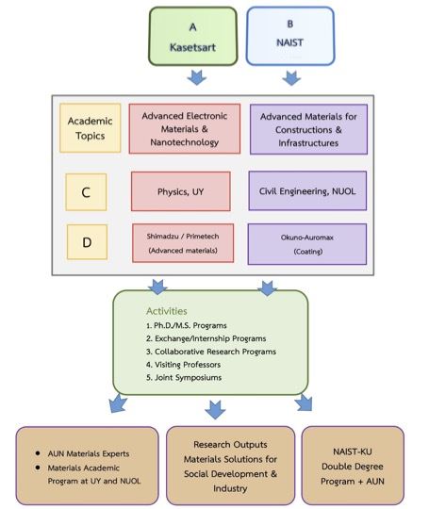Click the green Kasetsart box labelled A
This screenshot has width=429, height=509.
193,37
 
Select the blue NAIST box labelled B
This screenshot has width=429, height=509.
290,36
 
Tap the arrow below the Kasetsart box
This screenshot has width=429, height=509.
197,77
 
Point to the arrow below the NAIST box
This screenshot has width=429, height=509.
291,78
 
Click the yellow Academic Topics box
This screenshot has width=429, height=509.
90,128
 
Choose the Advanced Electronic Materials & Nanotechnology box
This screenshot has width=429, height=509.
185,128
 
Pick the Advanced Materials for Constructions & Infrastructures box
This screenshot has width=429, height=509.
308,129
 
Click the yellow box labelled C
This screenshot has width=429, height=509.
86,192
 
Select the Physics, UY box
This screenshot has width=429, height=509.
181,191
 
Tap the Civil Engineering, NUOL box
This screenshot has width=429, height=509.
307,190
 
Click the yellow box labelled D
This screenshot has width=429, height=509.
87,242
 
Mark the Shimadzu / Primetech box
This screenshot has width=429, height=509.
183,243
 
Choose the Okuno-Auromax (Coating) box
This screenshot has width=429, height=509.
306,244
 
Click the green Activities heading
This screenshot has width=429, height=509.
167,311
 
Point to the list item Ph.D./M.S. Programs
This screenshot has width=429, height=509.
187,325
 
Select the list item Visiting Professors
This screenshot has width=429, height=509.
183,365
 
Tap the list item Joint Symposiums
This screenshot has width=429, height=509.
184,378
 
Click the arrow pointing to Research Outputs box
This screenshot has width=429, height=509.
215,409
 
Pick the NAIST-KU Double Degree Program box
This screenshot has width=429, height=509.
353,466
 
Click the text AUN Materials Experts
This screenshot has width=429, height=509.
89,453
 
